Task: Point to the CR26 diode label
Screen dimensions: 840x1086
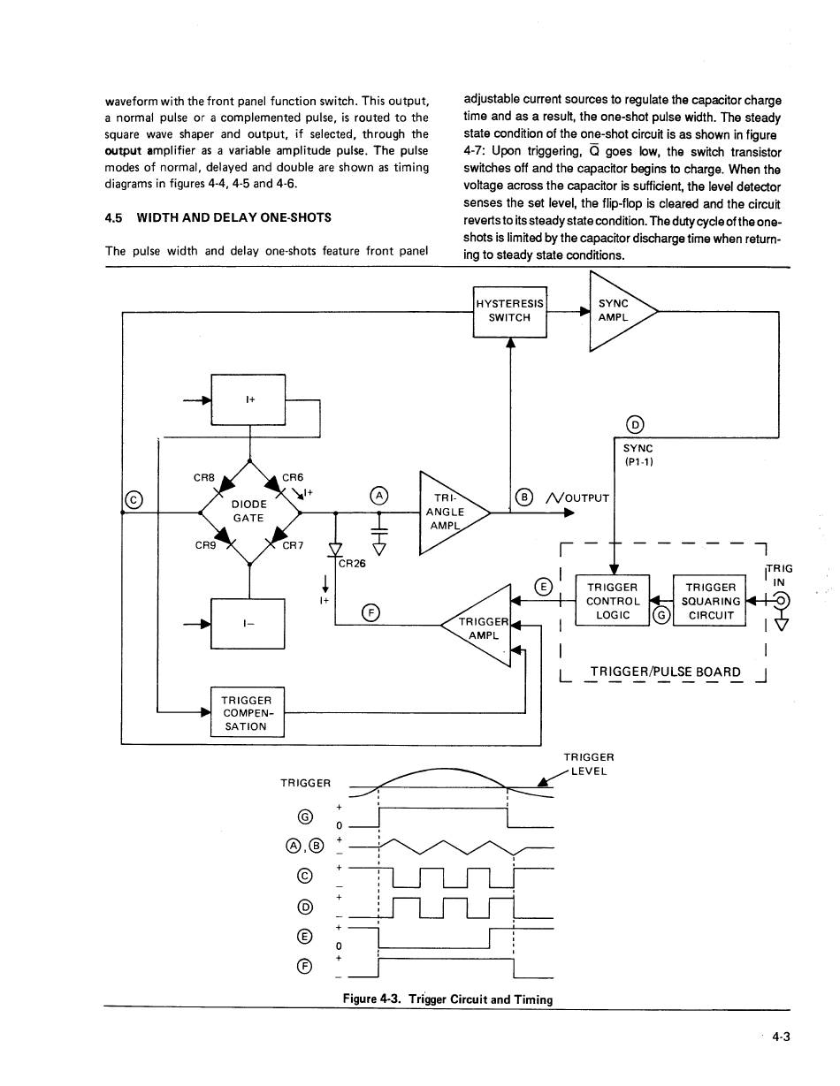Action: click(x=352, y=564)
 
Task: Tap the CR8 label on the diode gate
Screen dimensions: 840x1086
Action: click(x=204, y=478)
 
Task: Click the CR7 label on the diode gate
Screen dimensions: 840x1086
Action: click(x=293, y=545)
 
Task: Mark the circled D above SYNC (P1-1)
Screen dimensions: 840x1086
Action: click(x=635, y=425)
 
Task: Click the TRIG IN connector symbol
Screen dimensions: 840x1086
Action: click(x=782, y=600)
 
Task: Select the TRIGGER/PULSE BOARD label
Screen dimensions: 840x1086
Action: click(x=666, y=672)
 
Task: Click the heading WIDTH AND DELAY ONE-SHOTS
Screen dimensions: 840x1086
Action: click(x=234, y=218)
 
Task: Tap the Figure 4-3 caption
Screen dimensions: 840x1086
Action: click(x=448, y=999)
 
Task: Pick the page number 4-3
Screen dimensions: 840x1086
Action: click(x=781, y=1037)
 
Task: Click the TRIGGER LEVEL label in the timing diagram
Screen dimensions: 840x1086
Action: click(x=589, y=764)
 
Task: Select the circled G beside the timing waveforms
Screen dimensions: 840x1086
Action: click(x=305, y=817)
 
